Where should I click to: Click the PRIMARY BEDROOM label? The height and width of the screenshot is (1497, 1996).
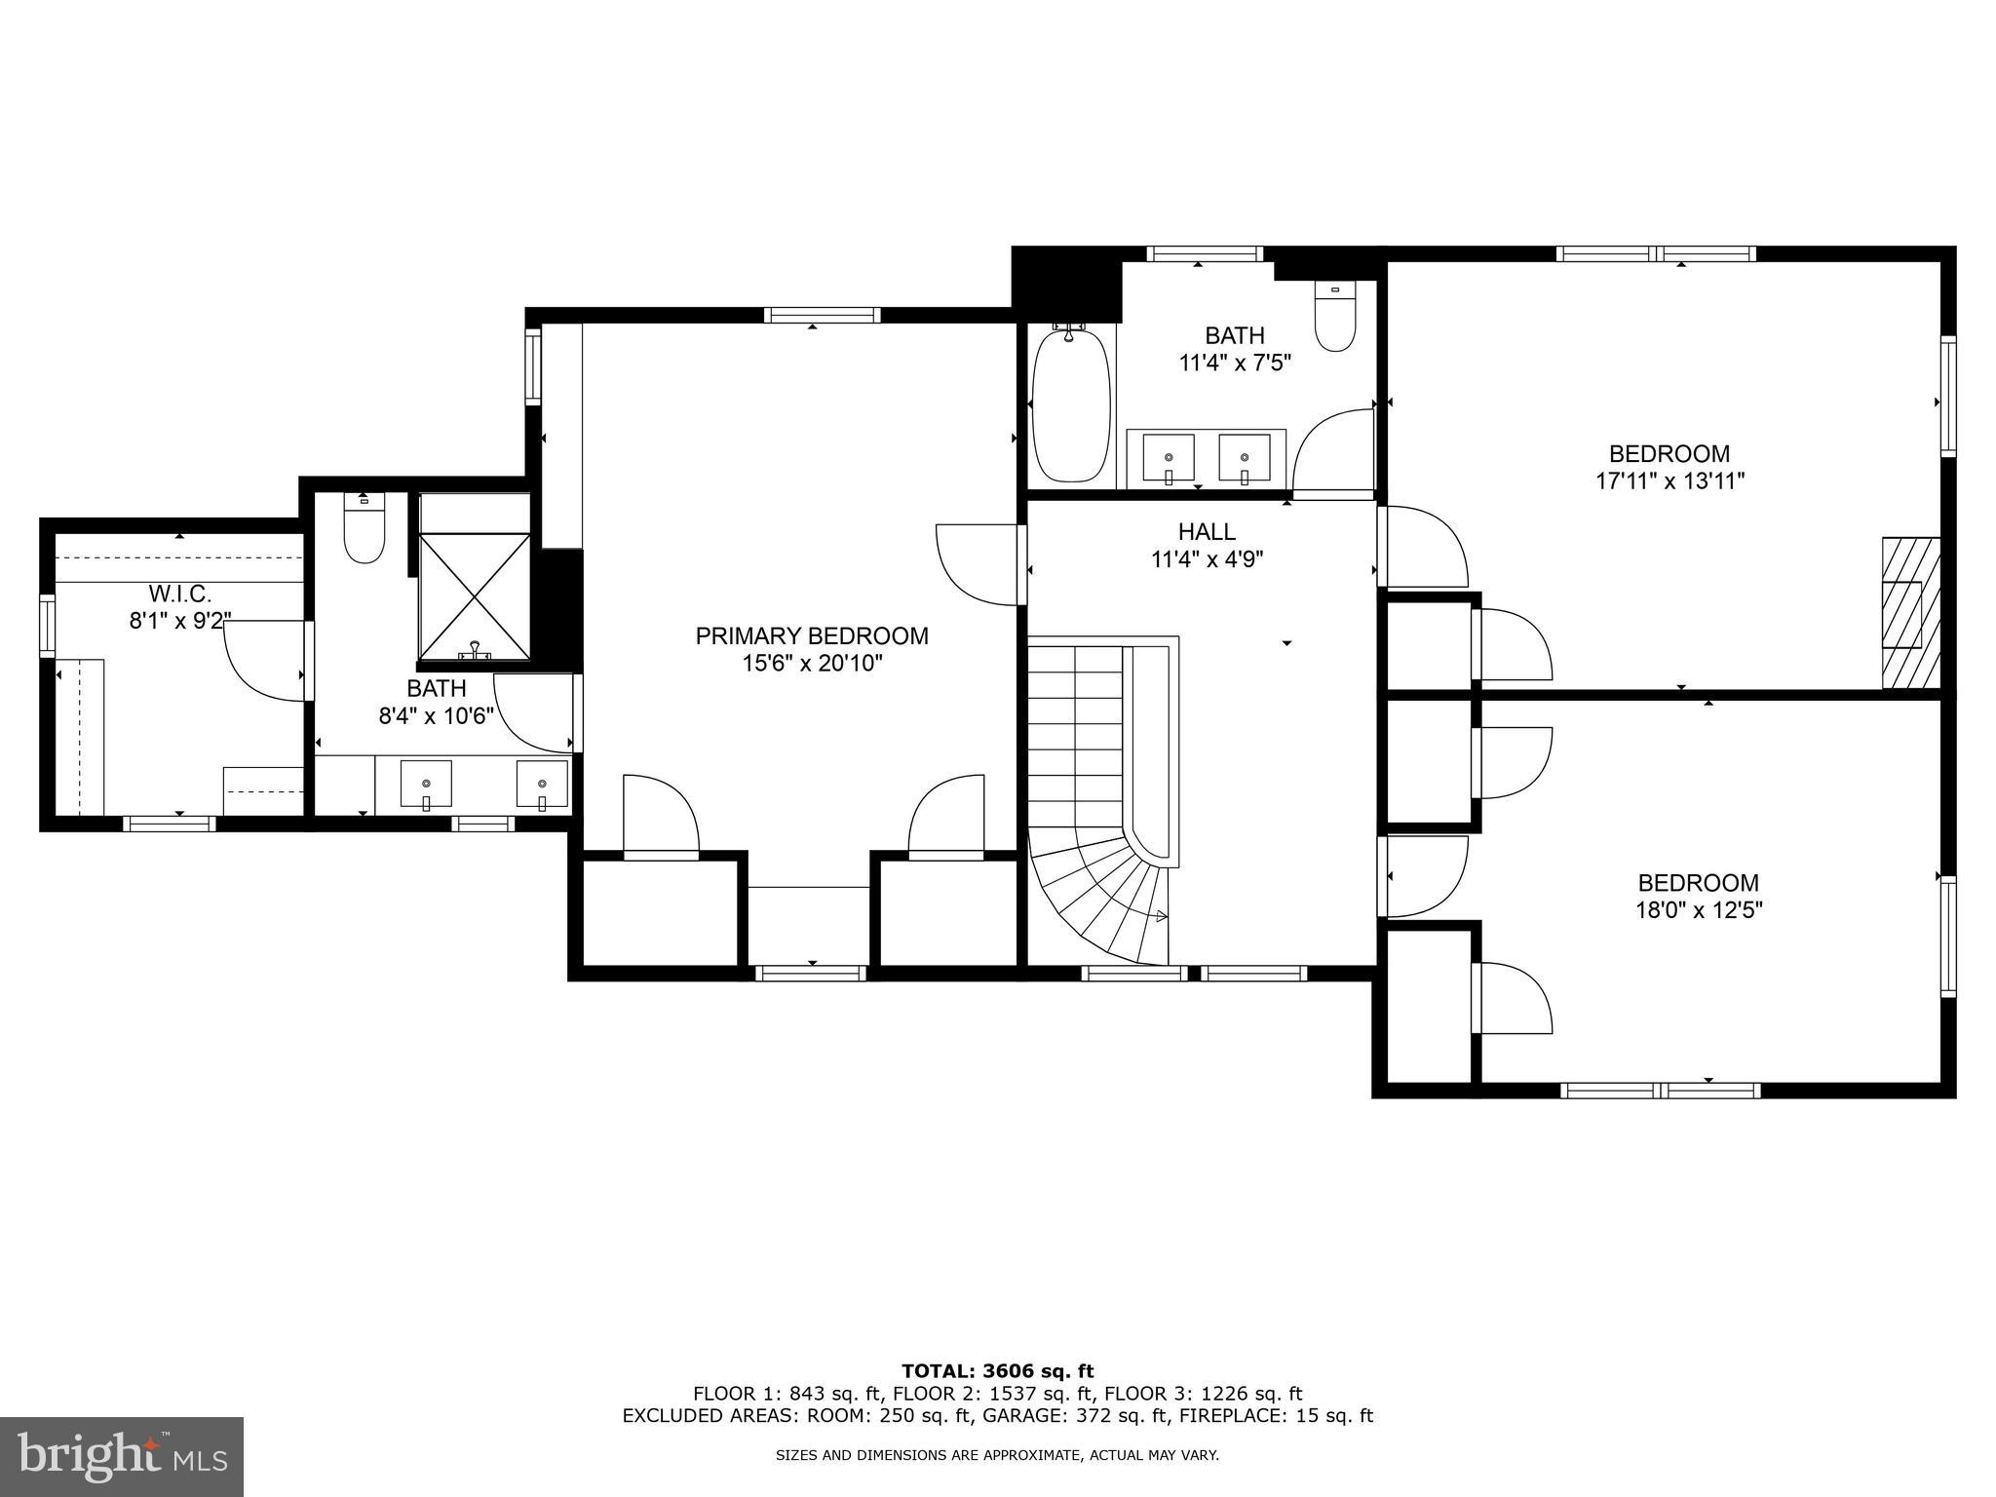click(x=811, y=636)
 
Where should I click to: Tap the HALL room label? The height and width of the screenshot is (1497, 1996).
click(x=1207, y=532)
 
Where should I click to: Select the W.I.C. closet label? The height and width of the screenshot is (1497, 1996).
click(x=180, y=594)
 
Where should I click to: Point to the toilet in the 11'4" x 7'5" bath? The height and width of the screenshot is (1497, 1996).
click(x=1334, y=317)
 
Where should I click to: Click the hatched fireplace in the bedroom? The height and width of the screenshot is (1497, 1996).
click(x=1908, y=613)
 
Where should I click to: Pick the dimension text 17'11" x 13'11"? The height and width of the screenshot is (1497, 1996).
click(x=1669, y=481)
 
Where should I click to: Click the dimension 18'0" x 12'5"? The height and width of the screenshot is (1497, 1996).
click(x=1698, y=911)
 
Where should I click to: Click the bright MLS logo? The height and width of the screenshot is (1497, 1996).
click(x=122, y=1456)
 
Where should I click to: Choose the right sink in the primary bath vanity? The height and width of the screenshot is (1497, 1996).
click(x=542, y=785)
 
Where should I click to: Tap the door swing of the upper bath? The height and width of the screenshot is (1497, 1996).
click(x=1332, y=450)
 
